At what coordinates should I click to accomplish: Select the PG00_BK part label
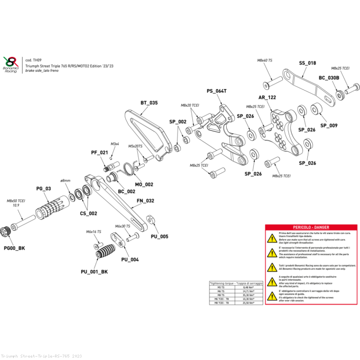[x=14, y=248]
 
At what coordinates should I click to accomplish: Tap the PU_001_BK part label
[x=94, y=271]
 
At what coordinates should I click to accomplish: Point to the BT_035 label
[x=149, y=103]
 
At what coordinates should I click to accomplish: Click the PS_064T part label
[x=216, y=91]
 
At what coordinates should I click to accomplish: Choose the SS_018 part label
[x=307, y=63]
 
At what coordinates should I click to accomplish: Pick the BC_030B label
[x=329, y=78]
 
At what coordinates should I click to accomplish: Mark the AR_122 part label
[x=267, y=97]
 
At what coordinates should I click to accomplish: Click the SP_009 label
[x=329, y=125]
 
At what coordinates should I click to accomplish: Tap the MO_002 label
[x=144, y=184]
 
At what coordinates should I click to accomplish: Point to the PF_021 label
[x=99, y=152]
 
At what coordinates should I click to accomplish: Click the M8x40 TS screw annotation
[x=265, y=60]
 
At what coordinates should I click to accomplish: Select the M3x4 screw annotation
[x=115, y=144]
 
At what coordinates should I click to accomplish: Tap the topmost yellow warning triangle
[x=271, y=238]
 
